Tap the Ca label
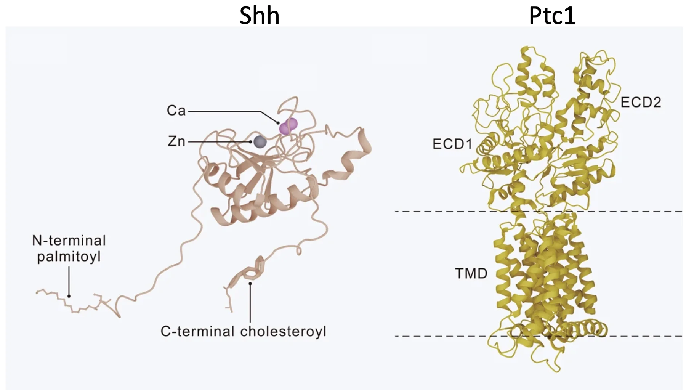coord(176,111)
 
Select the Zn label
coord(176,141)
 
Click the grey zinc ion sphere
coord(260,142)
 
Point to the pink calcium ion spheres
coord(289,126)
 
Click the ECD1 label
coord(452,144)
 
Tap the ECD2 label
coord(641,102)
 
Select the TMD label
coord(471,273)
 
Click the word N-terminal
coord(69,241)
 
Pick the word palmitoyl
coord(69,257)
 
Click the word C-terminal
coord(197,331)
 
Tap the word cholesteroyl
coord(283,331)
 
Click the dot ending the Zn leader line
coord(250,142)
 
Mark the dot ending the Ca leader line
coord(278,123)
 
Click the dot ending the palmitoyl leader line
coord(69,296)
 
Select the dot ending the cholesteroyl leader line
coord(250,283)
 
